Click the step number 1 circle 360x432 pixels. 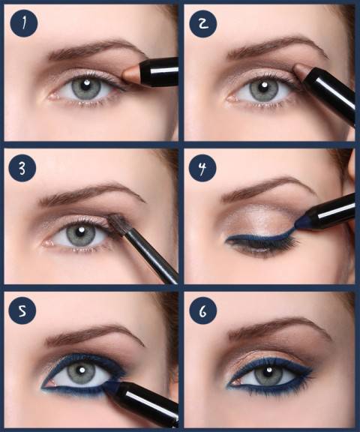click(x=25, y=25)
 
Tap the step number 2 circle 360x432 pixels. click(x=202, y=25)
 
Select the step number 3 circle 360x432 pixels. click(x=25, y=168)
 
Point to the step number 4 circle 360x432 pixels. click(x=202, y=168)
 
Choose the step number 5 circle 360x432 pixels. click(x=25, y=310)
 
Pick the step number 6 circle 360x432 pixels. click(x=202, y=310)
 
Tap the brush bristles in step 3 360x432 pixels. click(x=117, y=222)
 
